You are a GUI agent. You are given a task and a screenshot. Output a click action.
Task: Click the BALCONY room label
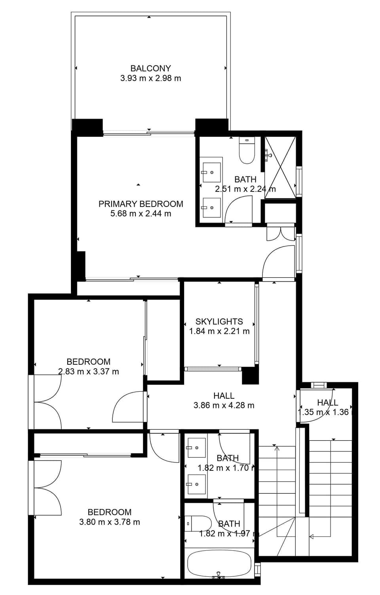(150, 68)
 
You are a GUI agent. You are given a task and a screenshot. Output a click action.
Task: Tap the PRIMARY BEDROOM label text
(141, 204)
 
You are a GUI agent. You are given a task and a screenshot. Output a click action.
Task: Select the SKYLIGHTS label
(219, 322)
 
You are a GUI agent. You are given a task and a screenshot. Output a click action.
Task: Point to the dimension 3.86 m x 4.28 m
(224, 406)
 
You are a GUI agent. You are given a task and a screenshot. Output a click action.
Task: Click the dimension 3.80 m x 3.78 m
(110, 522)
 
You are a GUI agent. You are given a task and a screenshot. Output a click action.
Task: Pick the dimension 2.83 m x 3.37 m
(88, 371)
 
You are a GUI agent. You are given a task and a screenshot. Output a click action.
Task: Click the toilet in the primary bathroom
(247, 150)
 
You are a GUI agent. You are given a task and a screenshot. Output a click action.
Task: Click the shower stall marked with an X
(280, 167)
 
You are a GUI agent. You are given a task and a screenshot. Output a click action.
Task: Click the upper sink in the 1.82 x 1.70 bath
(196, 448)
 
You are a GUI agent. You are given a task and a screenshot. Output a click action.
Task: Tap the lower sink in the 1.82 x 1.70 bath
(196, 484)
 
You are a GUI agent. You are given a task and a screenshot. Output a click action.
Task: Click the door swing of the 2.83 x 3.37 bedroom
(127, 407)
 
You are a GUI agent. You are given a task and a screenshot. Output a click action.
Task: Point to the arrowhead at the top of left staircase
(277, 448)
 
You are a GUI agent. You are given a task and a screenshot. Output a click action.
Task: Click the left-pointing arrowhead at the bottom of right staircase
(312, 537)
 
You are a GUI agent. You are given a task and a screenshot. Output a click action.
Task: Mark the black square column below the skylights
(250, 375)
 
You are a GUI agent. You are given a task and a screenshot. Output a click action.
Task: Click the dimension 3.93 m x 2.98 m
(150, 78)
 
